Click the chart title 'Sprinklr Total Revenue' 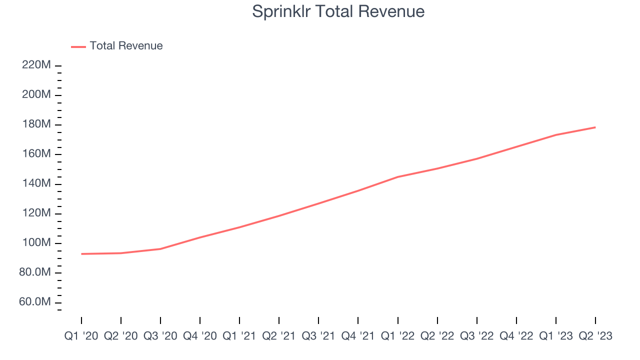coord(338,11)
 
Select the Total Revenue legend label coord(126,46)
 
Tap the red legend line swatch coord(78,46)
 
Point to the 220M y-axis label coord(36,65)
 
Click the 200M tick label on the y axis coord(36,95)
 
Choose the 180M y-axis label coord(36,124)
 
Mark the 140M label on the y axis coord(36,184)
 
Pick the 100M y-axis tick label coord(36,243)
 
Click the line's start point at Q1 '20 coord(81,254)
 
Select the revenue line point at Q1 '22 coord(398,176)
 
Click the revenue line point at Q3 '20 coord(160,248)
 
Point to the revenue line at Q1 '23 coord(556,134)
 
